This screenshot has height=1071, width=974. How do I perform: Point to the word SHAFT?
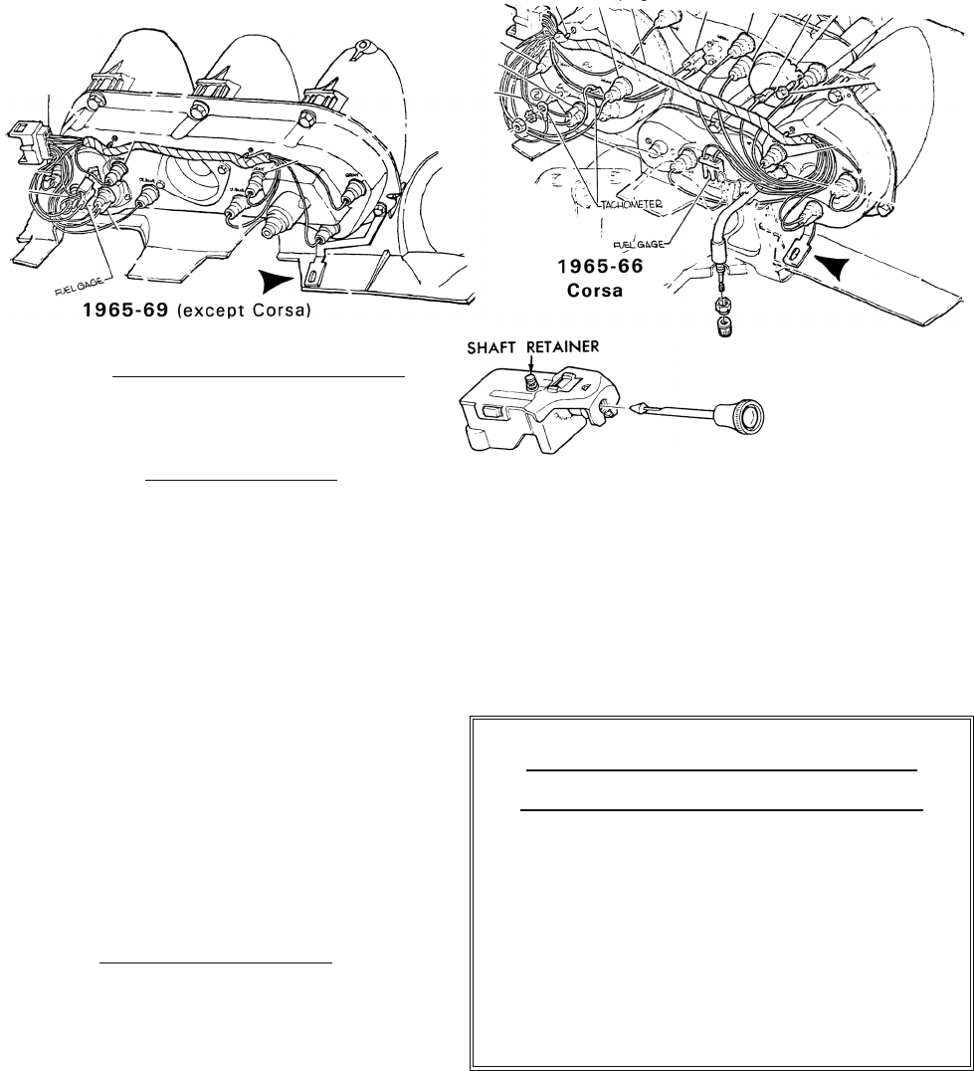(492, 347)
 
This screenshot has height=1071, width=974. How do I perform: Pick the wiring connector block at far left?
(22, 138)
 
